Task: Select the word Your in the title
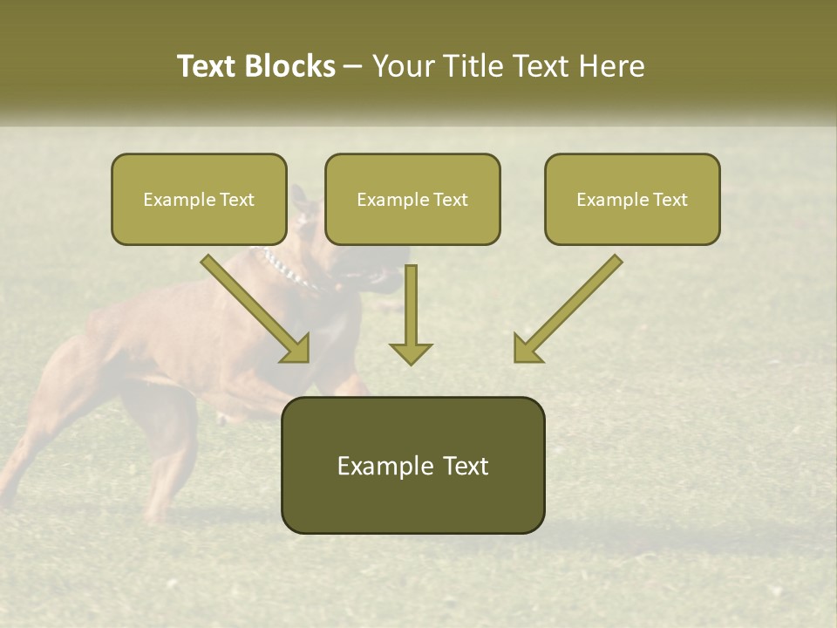[405, 66]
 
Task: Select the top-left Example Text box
[199, 199]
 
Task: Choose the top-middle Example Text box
[412, 199]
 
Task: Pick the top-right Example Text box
[632, 199]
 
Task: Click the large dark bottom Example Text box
[412, 465]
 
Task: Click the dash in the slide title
[353, 67]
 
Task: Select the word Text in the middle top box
[450, 200]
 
